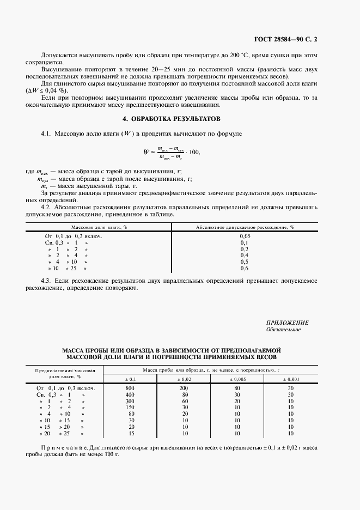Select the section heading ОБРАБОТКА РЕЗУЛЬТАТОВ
click(x=179, y=118)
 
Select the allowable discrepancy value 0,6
click(x=245, y=269)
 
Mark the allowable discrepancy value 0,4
click(x=245, y=256)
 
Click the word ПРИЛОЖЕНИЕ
click(x=288, y=323)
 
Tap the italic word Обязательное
click(x=283, y=330)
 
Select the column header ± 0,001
click(x=290, y=379)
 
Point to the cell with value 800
click(x=130, y=388)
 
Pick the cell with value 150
click(x=130, y=408)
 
